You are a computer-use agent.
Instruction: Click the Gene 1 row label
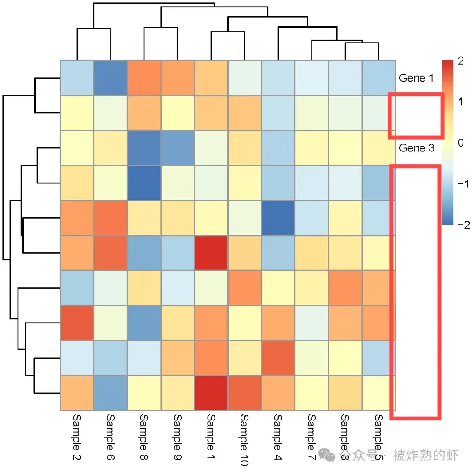(416, 79)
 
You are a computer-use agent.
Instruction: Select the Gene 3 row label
(416, 148)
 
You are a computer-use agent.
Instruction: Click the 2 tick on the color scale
(460, 61)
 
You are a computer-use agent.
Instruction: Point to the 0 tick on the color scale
(460, 143)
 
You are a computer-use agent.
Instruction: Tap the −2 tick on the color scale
(462, 225)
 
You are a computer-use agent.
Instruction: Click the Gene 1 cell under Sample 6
(110, 78)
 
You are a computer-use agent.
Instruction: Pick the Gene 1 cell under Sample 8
(144, 78)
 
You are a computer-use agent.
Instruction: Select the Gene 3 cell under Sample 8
(144, 148)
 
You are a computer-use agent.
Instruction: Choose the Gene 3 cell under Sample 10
(244, 148)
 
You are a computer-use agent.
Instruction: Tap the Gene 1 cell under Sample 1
(211, 78)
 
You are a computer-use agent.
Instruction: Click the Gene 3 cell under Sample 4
(278, 148)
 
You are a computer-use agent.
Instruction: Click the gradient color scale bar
(447, 142)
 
